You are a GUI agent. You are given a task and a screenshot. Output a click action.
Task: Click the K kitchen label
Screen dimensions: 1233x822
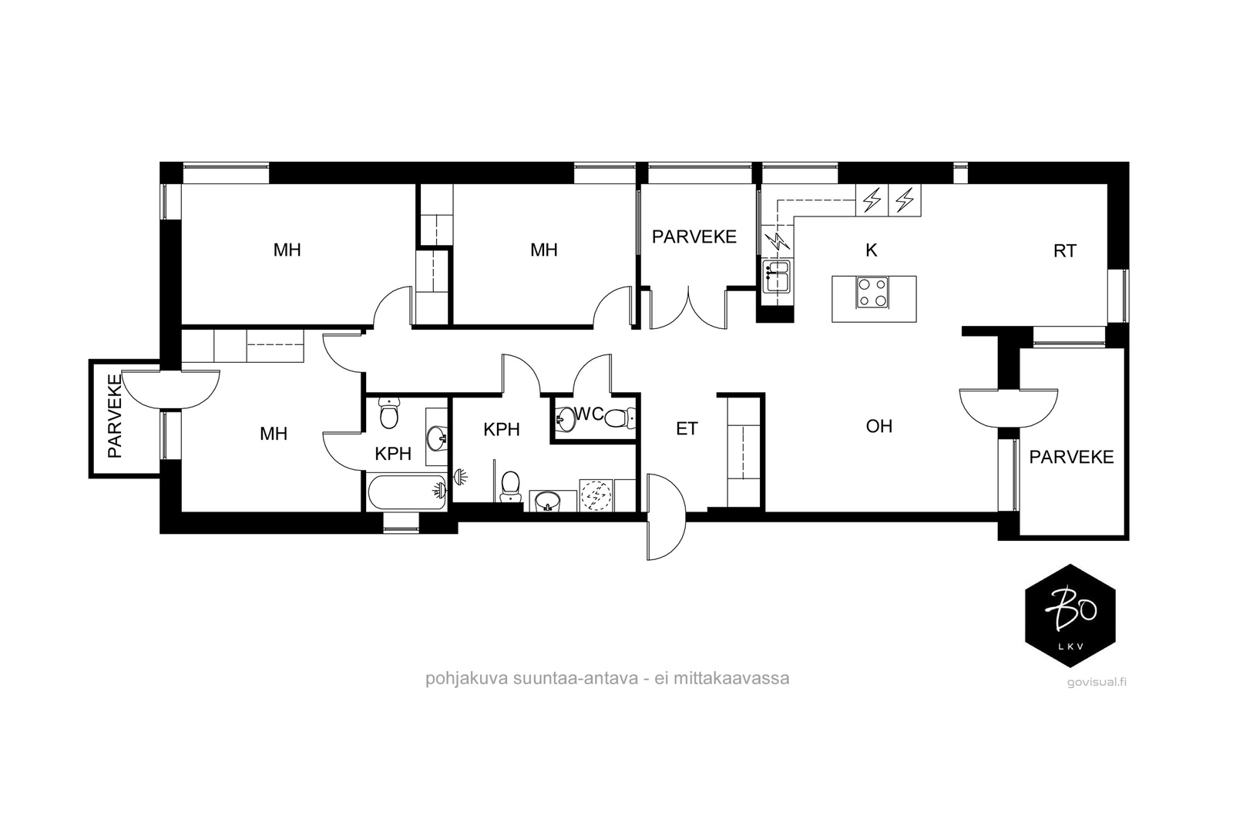point(871,250)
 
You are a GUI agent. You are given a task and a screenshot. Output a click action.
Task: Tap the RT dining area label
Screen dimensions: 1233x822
point(1064,251)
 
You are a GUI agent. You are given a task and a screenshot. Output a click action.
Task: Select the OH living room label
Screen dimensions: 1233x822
point(879,426)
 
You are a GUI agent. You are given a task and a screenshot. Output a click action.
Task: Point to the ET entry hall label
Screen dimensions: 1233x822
point(687,428)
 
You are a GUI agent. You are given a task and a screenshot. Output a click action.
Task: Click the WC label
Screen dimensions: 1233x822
point(589,414)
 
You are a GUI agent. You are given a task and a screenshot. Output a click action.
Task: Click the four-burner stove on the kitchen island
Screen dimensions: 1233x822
point(872,292)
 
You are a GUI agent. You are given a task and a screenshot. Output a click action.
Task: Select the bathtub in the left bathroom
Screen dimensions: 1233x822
point(406,492)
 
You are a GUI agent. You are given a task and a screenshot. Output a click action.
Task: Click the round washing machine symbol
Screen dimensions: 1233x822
point(596,495)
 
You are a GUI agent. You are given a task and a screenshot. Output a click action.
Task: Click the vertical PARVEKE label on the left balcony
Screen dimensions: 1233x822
point(115,416)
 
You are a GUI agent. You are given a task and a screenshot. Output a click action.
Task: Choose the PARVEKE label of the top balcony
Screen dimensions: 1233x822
point(694,237)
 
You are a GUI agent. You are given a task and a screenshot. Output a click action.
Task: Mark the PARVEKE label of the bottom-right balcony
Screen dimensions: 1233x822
point(1071,457)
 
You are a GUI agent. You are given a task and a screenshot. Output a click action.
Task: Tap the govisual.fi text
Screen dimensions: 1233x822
point(1097,683)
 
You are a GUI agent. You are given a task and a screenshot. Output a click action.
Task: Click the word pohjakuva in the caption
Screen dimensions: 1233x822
point(466,679)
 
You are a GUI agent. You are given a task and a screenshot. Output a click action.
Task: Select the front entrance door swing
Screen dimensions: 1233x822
point(666,517)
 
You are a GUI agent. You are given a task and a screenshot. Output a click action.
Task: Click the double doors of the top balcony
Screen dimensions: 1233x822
point(688,308)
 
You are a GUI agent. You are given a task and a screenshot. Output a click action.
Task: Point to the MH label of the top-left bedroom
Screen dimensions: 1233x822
point(287,250)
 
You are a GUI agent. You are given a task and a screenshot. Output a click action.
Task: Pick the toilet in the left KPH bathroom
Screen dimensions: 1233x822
point(389,414)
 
